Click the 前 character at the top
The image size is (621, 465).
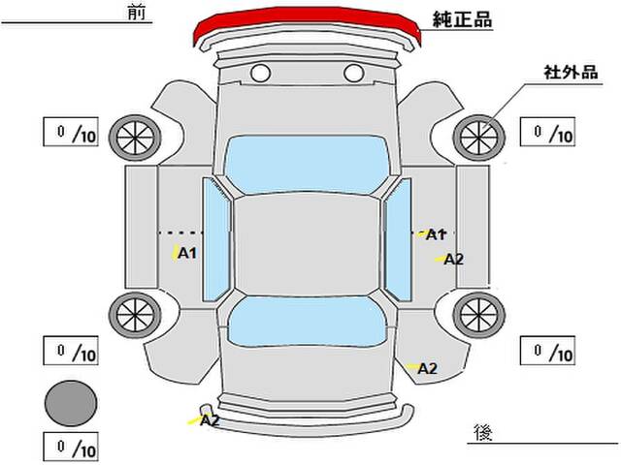(x=137, y=13)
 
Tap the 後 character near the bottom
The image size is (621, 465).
(x=483, y=433)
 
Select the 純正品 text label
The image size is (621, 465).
(x=462, y=19)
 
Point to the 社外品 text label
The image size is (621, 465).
(x=571, y=73)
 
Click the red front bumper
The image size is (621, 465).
(x=307, y=19)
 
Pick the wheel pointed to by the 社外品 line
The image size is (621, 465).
(x=479, y=138)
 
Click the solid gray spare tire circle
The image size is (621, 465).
(x=71, y=403)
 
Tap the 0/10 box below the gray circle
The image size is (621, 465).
(x=71, y=448)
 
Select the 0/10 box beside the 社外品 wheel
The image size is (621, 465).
(x=547, y=132)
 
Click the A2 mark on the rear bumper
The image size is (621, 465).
(x=210, y=419)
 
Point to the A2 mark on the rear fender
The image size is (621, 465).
(x=427, y=368)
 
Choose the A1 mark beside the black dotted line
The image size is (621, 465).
(x=187, y=253)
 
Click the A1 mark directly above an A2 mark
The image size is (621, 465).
(x=436, y=234)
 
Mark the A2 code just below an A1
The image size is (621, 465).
(x=453, y=260)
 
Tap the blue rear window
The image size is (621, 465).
(x=307, y=321)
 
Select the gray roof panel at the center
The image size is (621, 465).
(x=307, y=245)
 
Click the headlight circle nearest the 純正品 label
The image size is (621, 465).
(x=353, y=74)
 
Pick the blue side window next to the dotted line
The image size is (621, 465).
(x=216, y=239)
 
